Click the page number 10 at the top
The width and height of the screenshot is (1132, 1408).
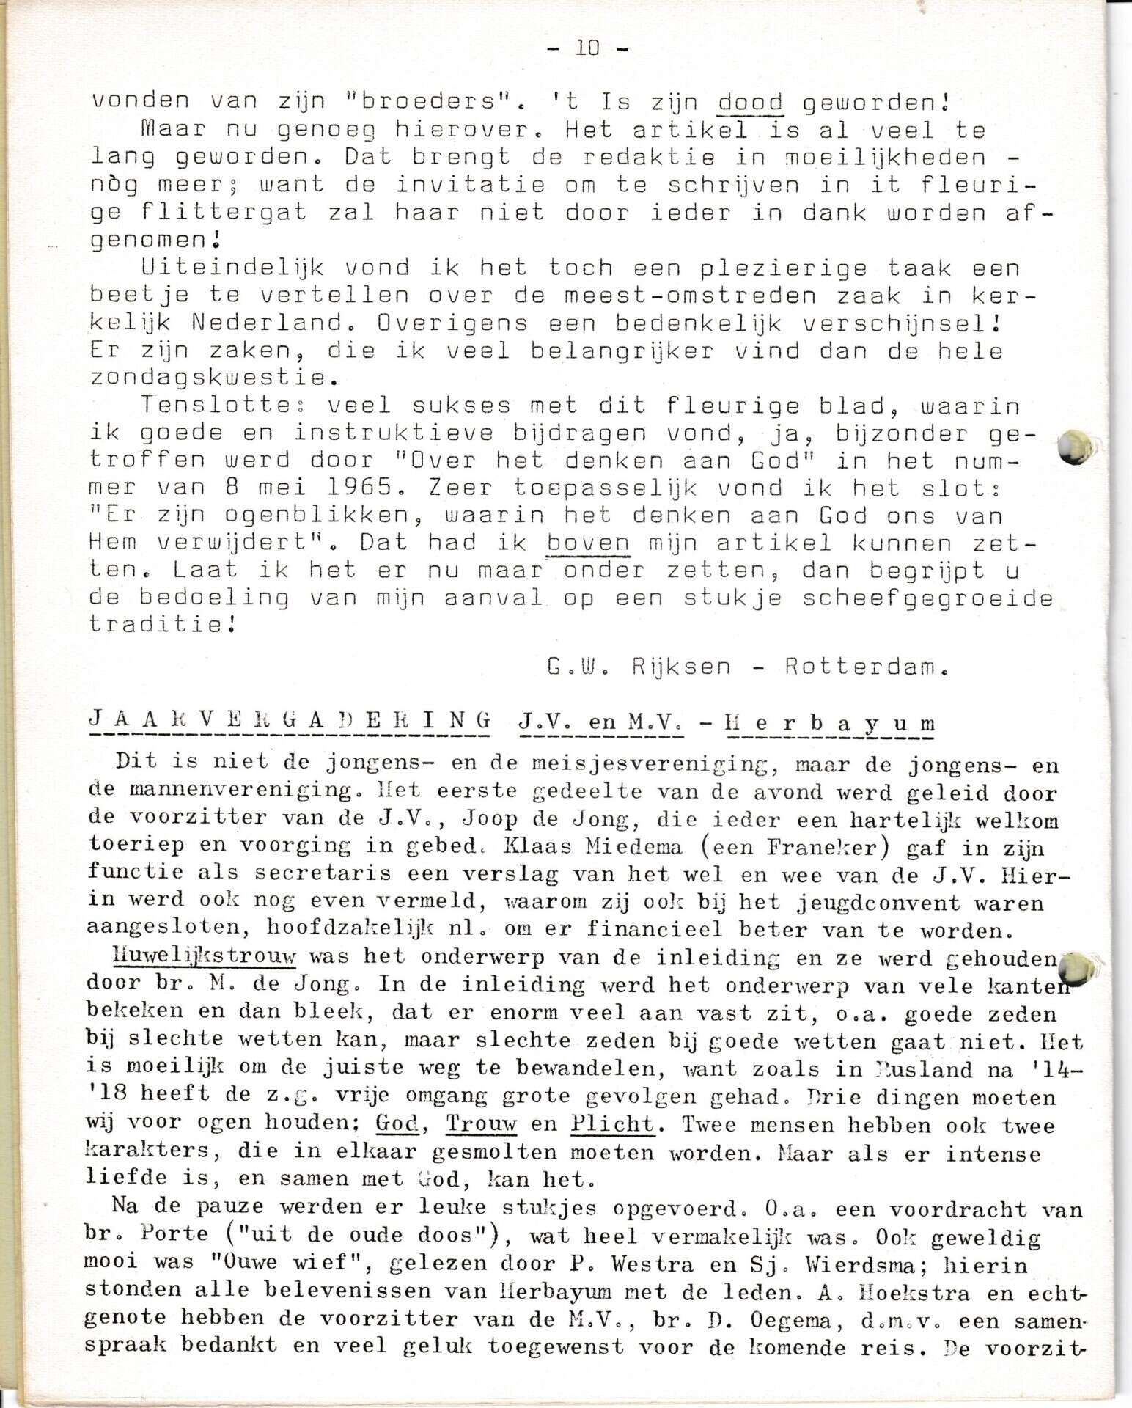tap(587, 48)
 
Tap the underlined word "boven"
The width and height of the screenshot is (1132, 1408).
tap(588, 543)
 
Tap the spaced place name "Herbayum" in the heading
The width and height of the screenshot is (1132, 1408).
tap(829, 723)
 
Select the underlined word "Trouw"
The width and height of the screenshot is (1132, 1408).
tap(482, 1123)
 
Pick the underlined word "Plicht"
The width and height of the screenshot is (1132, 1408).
tap(612, 1123)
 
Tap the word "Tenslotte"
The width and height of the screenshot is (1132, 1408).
tap(227, 406)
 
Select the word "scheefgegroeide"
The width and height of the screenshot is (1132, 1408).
tap(927, 598)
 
